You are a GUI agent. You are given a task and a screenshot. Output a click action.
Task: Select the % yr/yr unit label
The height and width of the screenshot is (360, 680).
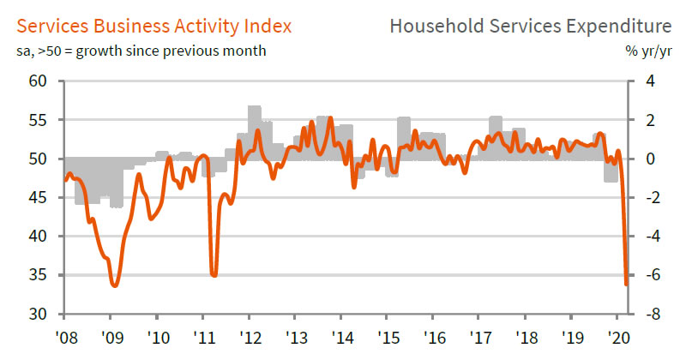650,51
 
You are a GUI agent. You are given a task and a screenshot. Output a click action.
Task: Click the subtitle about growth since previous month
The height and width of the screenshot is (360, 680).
141,51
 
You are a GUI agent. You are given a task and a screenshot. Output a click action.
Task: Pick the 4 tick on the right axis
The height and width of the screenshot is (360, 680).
649,81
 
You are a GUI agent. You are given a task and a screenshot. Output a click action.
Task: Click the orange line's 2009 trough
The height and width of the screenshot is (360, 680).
114,285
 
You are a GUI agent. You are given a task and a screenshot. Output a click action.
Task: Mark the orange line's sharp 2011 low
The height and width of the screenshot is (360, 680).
214,275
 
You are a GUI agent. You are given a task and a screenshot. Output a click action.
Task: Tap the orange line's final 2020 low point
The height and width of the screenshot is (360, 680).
627,285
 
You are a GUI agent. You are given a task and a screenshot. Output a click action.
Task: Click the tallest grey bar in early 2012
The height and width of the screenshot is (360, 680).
254,111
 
